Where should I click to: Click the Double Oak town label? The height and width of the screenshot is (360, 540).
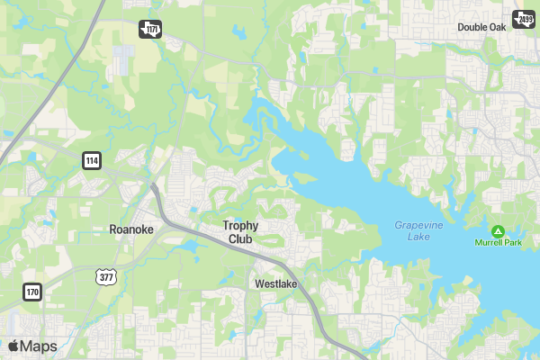481,27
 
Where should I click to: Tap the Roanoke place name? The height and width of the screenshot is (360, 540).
131,229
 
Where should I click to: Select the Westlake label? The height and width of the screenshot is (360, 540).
275,283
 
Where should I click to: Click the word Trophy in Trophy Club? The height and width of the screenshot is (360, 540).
241,225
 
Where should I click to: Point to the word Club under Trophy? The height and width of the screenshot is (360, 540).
240,239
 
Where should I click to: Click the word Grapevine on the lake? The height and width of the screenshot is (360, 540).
418,225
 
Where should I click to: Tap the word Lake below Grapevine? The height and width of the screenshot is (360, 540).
418,237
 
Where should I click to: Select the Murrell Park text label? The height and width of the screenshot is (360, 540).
498,243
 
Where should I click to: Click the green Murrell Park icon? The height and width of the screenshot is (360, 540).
498,230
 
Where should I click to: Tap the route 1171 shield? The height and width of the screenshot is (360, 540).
150,30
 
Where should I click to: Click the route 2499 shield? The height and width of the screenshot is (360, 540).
523,19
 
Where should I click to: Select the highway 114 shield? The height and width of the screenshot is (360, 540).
93,160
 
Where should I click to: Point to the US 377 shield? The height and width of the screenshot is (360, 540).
106,276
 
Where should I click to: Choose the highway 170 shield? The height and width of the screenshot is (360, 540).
33,292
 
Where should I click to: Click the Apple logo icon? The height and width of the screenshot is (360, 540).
13,346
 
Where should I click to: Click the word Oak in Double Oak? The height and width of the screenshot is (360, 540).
497,27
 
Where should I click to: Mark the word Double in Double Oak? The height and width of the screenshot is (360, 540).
472,27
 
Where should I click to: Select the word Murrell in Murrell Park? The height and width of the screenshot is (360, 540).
489,243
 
